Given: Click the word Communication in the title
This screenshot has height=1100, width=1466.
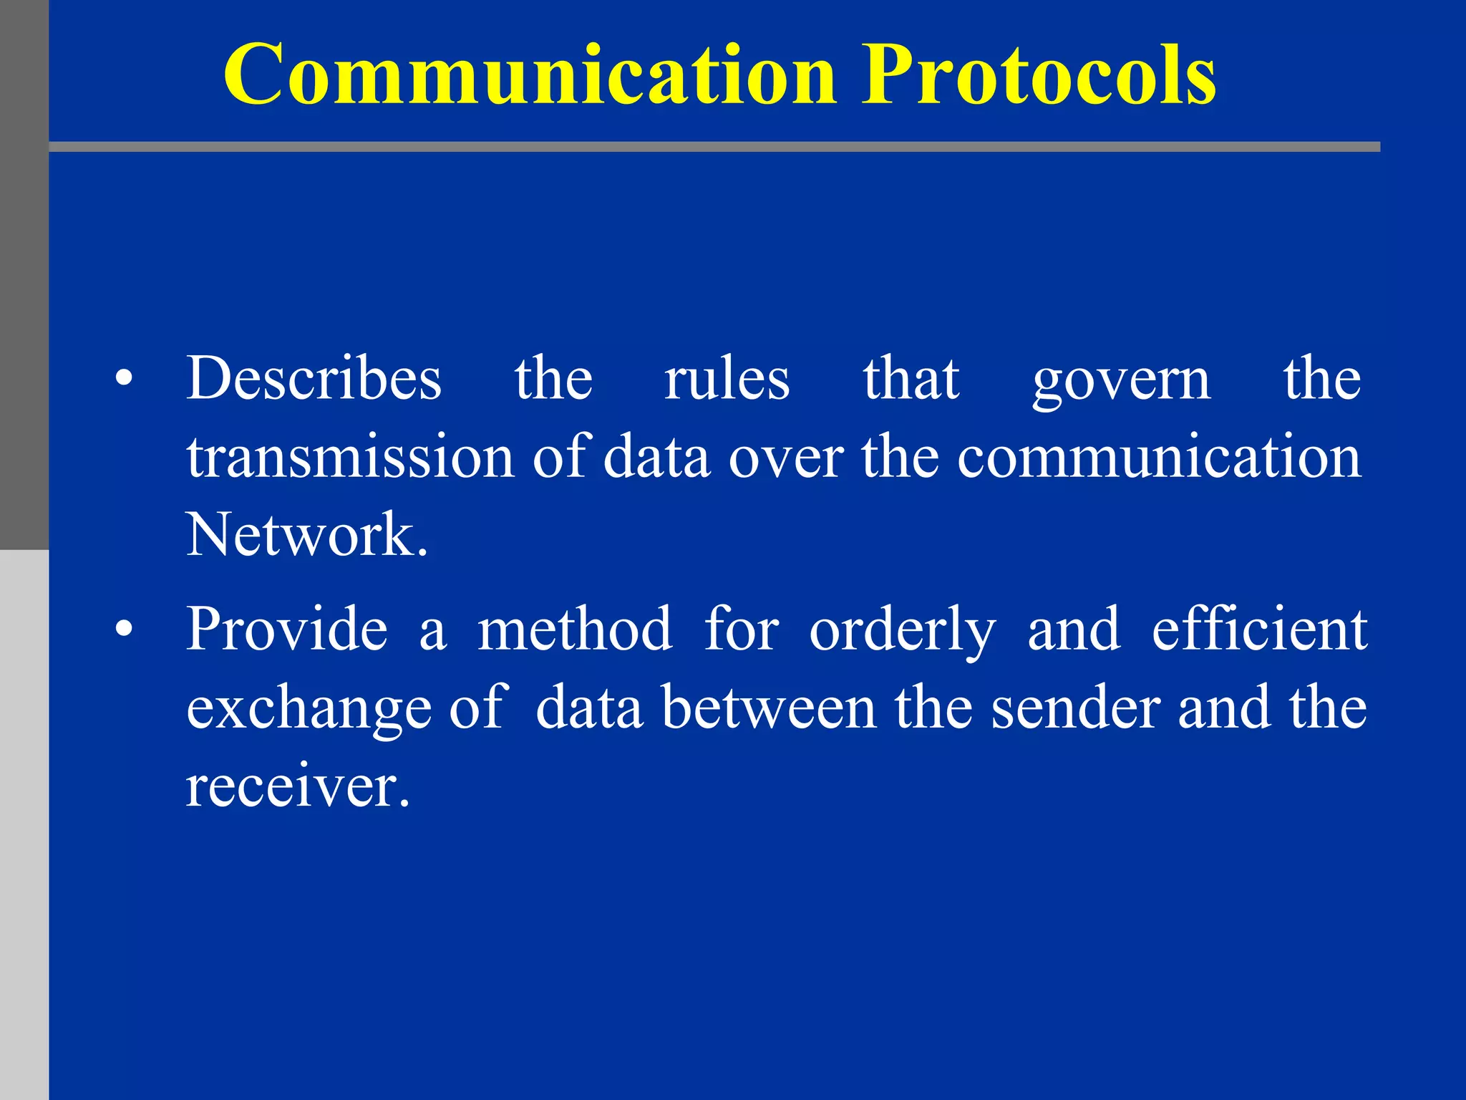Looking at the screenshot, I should pyautogui.click(x=530, y=75).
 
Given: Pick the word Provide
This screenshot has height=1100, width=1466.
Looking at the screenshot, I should pyautogui.click(x=287, y=629).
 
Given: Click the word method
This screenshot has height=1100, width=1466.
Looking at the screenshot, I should pyautogui.click(x=575, y=629).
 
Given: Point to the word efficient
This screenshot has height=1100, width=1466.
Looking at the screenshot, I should pyautogui.click(x=1259, y=629).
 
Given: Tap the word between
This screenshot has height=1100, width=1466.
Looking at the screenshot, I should pyautogui.click(x=768, y=708).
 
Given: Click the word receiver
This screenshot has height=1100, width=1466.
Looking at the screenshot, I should pyautogui.click(x=297, y=786).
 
